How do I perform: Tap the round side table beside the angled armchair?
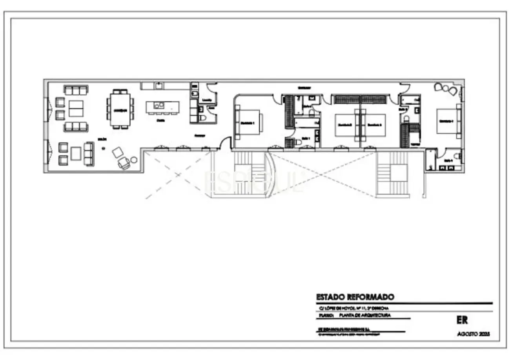click(x=134, y=160)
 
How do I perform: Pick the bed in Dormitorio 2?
click(x=345, y=125)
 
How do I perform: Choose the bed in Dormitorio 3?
click(x=373, y=125)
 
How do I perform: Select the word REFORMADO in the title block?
click(x=370, y=297)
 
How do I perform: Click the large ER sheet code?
click(x=462, y=320)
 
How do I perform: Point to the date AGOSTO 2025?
click(x=474, y=334)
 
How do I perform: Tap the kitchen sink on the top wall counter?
click(x=158, y=85)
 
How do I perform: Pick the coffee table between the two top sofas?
click(x=76, y=109)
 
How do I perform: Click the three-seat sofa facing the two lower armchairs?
click(x=89, y=153)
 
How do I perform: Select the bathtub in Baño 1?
click(x=306, y=123)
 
